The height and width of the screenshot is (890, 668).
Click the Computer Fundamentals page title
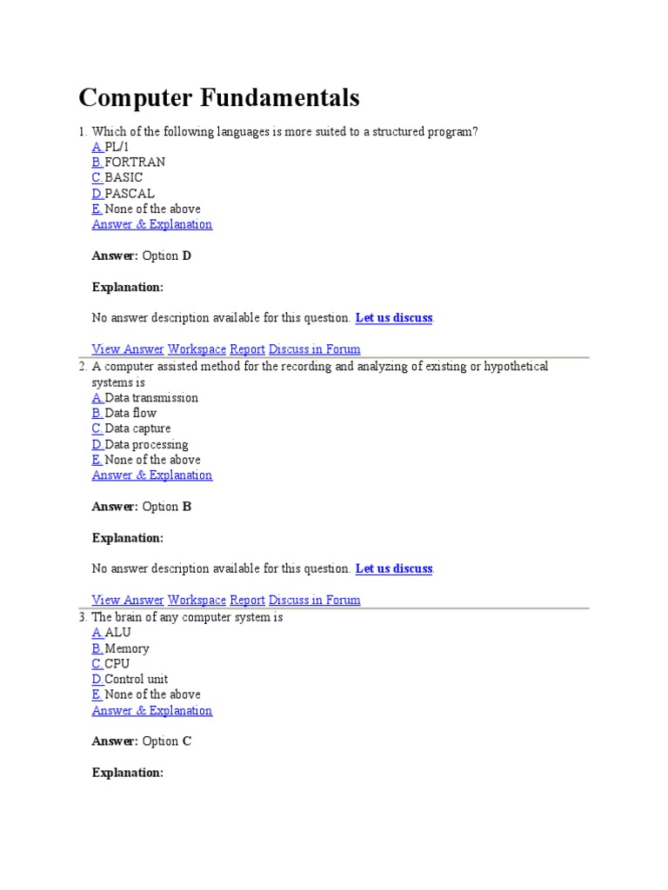[218, 98]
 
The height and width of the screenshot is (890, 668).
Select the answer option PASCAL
[129, 193]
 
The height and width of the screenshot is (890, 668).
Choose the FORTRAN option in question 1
[134, 162]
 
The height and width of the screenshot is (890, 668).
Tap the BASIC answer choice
[124, 177]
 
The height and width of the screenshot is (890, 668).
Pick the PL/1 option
[117, 146]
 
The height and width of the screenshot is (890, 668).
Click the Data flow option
[130, 413]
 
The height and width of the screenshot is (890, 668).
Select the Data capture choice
[137, 428]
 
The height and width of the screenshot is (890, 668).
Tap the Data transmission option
[150, 397]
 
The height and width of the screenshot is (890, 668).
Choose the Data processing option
[146, 444]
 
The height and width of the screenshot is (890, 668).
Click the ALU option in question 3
[117, 633]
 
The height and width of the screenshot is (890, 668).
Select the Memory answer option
[126, 648]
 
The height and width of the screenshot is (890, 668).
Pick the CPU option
[117, 664]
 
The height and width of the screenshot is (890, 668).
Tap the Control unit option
[136, 679]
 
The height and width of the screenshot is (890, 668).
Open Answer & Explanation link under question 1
[152, 224]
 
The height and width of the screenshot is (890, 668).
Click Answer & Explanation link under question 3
[152, 710]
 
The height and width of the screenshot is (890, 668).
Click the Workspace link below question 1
[197, 349]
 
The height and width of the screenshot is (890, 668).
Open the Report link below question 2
[247, 600]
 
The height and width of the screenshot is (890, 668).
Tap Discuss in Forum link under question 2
[314, 600]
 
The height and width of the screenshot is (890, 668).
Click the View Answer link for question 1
[128, 349]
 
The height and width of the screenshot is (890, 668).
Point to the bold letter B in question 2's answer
[186, 507]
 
